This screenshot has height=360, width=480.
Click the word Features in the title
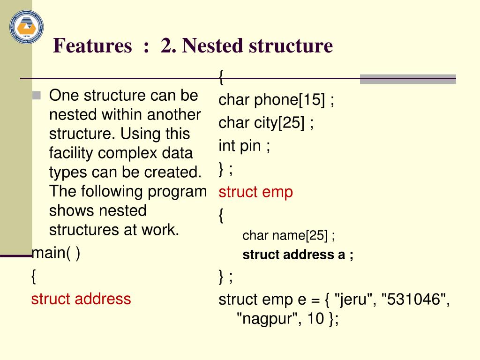tap(93, 46)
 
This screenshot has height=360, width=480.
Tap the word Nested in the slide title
tap(211, 46)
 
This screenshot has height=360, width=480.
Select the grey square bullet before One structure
tap(37, 96)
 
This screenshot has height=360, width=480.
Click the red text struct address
tap(81, 299)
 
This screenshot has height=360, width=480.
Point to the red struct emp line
tap(256, 192)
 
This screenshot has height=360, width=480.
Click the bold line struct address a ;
tap(298, 255)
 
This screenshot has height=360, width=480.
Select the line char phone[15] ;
tap(277, 100)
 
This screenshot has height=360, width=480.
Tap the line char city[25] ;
tap(266, 123)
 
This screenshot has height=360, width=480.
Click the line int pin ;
tap(244, 146)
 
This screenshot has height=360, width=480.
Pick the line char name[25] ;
tap(289, 235)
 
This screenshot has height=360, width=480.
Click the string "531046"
tap(414, 300)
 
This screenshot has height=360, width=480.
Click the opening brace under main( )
tap(34, 276)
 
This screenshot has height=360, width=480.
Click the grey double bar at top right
tap(407, 79)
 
